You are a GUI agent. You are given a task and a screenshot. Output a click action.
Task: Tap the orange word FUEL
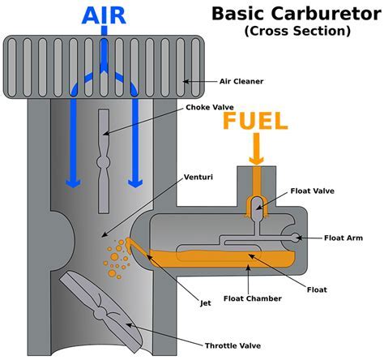click(x=256, y=122)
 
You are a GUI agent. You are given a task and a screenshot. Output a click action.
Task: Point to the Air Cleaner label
click(x=242, y=81)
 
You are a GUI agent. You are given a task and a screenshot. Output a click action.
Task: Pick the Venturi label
click(x=198, y=175)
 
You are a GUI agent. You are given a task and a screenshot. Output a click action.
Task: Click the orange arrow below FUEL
click(x=256, y=151)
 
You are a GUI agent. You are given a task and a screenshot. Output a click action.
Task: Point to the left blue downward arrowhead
click(x=72, y=180)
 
